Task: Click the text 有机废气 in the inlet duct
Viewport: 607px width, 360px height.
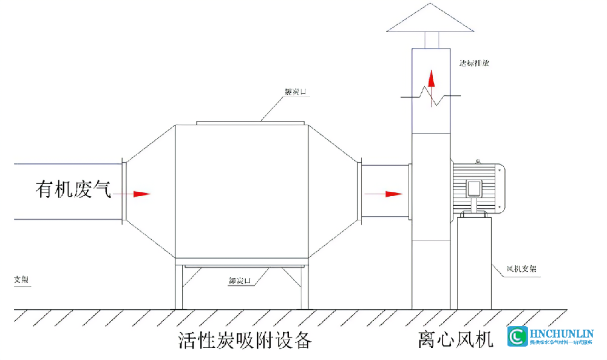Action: tap(73, 190)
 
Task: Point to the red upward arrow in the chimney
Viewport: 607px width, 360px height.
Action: tap(431, 79)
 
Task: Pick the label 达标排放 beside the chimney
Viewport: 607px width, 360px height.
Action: tap(475, 63)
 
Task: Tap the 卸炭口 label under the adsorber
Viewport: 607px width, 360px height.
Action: tap(240, 281)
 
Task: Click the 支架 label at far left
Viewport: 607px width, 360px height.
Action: tap(21, 280)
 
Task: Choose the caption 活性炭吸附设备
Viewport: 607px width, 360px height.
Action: tap(245, 341)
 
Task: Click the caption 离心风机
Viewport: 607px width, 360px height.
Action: tap(455, 339)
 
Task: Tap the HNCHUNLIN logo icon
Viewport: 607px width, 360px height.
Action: tap(518, 337)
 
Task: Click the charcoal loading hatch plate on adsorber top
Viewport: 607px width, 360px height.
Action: tap(249, 123)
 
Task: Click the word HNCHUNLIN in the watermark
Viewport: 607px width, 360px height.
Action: tap(561, 333)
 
